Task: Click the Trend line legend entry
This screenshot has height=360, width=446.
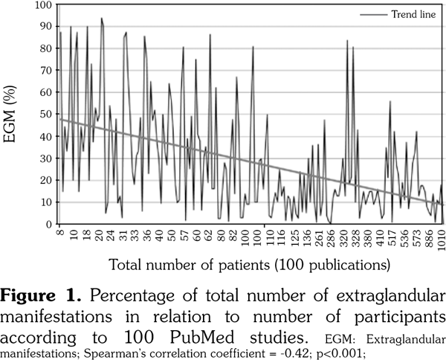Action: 406,15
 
